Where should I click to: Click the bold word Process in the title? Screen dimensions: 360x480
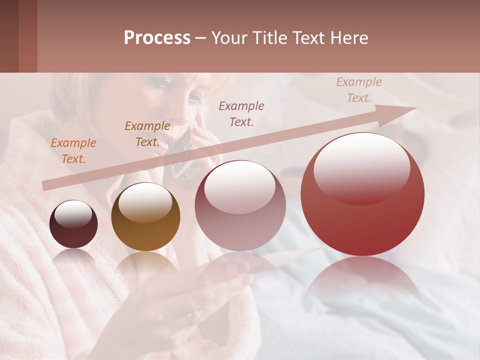tap(157, 38)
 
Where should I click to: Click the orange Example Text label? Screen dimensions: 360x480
tap(73, 151)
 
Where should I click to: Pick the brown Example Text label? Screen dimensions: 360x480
tap(147, 134)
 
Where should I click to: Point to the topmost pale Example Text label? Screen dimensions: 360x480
tap(358, 90)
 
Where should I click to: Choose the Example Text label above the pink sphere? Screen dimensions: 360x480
tap(241, 113)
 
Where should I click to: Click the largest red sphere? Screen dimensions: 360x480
tap(362, 210)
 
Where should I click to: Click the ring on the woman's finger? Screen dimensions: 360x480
tap(193, 316)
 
